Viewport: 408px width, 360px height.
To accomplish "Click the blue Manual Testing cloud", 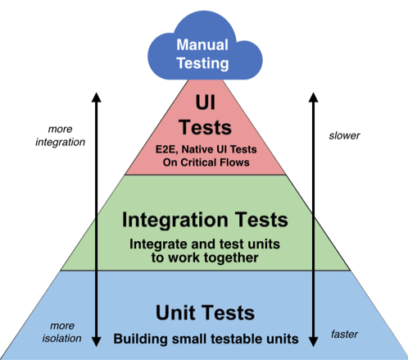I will pos(204,51).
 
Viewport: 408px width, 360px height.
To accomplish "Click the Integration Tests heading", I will pos(204,220).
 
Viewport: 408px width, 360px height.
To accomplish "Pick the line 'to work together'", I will pos(204,257).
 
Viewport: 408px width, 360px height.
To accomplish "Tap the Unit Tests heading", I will pos(204,312).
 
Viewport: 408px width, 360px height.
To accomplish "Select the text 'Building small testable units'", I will pos(204,338).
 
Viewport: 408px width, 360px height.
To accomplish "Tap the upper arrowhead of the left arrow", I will pos(95,97).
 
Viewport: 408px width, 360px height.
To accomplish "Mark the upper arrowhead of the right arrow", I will pos(312,97).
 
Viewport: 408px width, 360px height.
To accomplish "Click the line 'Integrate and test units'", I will pos(204,244).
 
